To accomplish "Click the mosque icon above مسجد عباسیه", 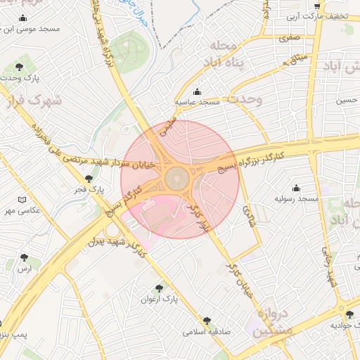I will pos(197,92).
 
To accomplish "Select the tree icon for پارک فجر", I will pos(89,179).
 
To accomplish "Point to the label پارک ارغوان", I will pos(161,299).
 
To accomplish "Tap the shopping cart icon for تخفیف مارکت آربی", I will pos(317,6).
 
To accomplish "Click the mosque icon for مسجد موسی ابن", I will pos(23,18).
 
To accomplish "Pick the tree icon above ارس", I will pos(25,258).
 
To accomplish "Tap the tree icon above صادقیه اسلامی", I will pos(206,320).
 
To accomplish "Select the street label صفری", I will pos(288,38).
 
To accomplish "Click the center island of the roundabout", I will pos(180,180).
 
